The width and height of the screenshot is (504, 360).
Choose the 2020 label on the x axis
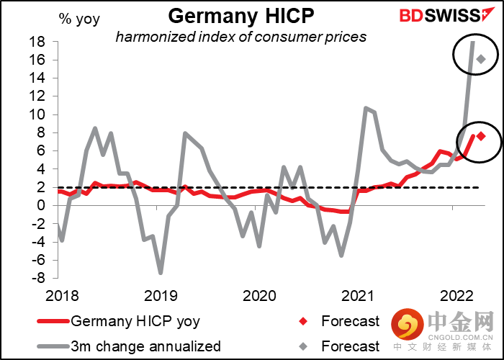[x=258, y=295]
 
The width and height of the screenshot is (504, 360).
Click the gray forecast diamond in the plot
[x=481, y=59]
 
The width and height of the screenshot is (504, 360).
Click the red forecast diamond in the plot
[x=481, y=136]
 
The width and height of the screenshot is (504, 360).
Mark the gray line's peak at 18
[x=472, y=42]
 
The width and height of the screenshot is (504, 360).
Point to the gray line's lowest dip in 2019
[x=161, y=273]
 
